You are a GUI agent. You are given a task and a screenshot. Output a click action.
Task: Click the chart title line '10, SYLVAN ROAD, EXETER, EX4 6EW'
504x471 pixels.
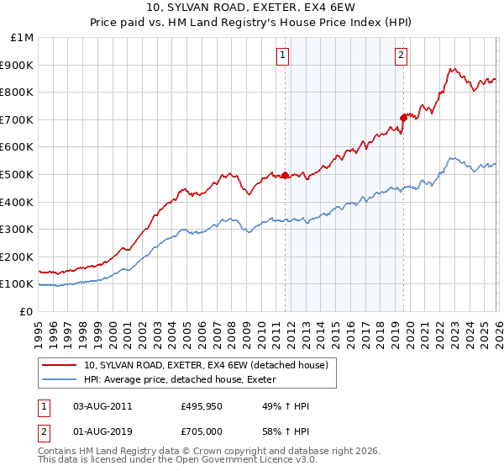tap(252, 8)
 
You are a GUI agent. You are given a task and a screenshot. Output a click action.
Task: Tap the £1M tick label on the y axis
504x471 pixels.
tap(23, 38)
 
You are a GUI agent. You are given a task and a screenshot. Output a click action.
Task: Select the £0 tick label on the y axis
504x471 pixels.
tap(27, 311)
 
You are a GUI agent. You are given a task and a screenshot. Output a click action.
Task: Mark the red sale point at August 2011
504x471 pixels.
tap(285, 176)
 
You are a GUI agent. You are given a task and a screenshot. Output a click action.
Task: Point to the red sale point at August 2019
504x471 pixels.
tap(403, 118)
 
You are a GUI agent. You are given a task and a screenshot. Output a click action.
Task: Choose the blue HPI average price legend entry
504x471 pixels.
tap(185, 379)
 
